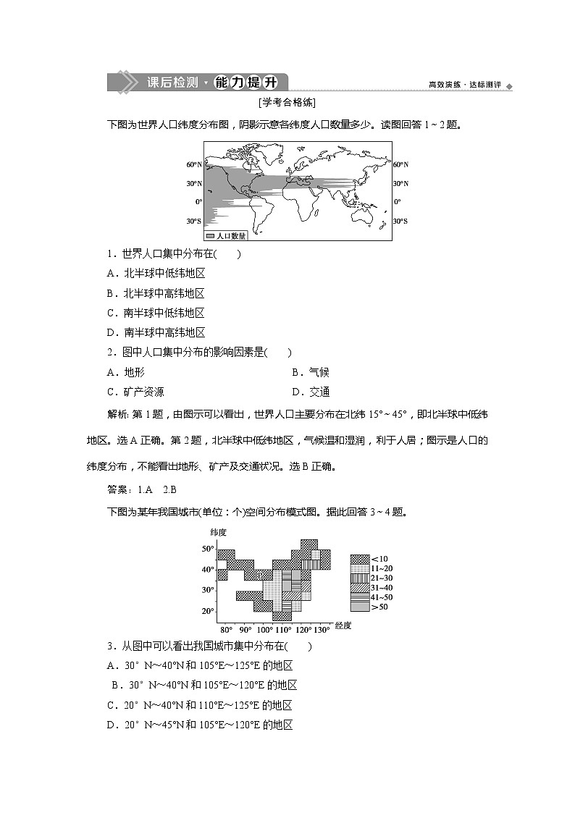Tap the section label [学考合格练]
click(287, 104)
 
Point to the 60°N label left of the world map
click(194, 165)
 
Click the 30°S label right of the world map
click(400, 221)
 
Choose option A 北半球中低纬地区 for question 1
click(156, 274)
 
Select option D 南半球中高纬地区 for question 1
click(156, 333)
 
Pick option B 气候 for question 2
click(311, 372)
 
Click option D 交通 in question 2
click(311, 392)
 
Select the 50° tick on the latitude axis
click(207, 549)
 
